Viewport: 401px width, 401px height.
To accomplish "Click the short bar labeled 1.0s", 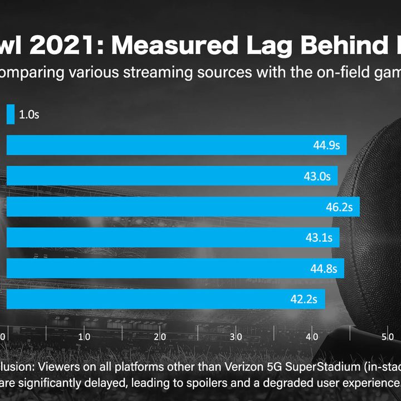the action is pyautogui.click(x=11, y=114).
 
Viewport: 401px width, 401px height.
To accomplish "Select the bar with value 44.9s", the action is pyautogui.click(x=177, y=145).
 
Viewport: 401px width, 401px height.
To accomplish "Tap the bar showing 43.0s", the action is pyautogui.click(x=172, y=175).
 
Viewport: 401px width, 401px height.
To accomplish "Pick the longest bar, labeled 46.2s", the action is pyautogui.click(x=183, y=207).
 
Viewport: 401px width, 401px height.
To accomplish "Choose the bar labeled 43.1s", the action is pyautogui.click(x=173, y=237).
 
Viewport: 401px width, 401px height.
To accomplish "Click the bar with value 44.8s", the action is pyautogui.click(x=175, y=268).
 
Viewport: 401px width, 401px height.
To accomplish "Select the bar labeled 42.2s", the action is pyautogui.click(x=166, y=299).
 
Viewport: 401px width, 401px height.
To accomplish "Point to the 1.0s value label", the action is pyautogui.click(x=29, y=114).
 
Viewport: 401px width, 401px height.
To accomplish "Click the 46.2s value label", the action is pyautogui.click(x=339, y=207).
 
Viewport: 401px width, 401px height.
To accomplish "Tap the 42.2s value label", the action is pyautogui.click(x=304, y=299).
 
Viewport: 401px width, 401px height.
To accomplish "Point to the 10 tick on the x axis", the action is pyautogui.click(x=84, y=336).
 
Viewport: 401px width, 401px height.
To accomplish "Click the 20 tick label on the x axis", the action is pyautogui.click(x=160, y=336).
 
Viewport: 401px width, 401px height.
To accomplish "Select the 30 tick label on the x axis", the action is pyautogui.click(x=236, y=336).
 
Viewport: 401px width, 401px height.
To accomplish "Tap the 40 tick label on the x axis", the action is pyautogui.click(x=312, y=336).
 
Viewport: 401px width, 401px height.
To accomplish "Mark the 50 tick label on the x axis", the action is pyautogui.click(x=388, y=336).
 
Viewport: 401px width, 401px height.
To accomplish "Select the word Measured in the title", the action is pyautogui.click(x=175, y=45).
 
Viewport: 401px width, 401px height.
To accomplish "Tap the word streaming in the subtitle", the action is pyautogui.click(x=158, y=72).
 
